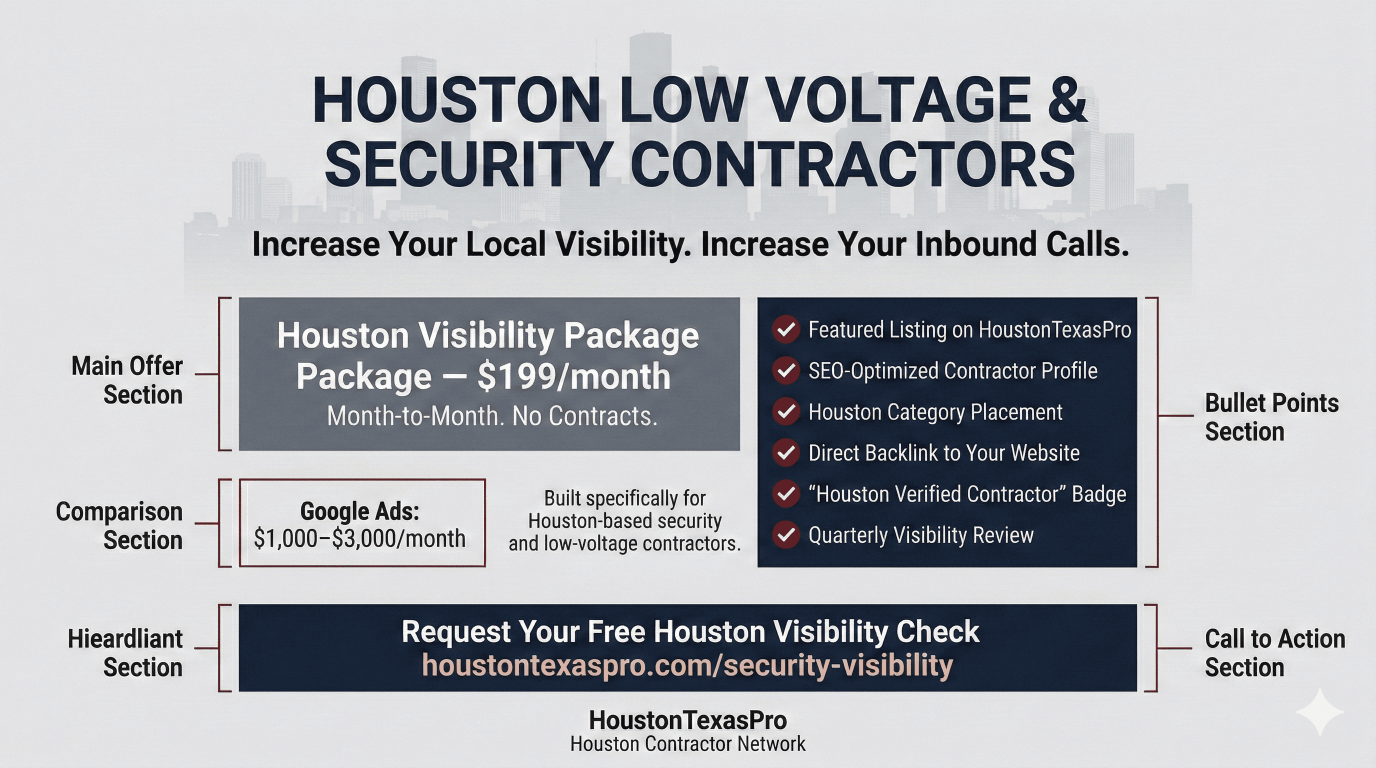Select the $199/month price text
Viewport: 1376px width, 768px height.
pyautogui.click(x=573, y=376)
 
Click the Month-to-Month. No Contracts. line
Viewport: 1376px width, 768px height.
pyautogui.click(x=492, y=416)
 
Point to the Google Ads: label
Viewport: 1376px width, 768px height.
pyautogui.click(x=359, y=511)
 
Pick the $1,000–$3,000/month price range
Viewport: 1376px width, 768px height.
pyautogui.click(x=359, y=538)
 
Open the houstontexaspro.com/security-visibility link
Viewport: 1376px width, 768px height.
pyautogui.click(x=687, y=665)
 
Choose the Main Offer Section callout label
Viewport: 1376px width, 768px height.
pyautogui.click(x=127, y=380)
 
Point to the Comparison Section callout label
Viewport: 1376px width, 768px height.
pyautogui.click(x=119, y=525)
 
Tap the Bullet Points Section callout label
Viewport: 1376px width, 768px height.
pyautogui.click(x=1271, y=417)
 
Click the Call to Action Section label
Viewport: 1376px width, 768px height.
pyautogui.click(x=1274, y=652)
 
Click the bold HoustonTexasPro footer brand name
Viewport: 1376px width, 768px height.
pyautogui.click(x=687, y=720)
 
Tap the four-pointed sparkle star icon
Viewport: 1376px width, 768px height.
pyautogui.click(x=1319, y=712)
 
